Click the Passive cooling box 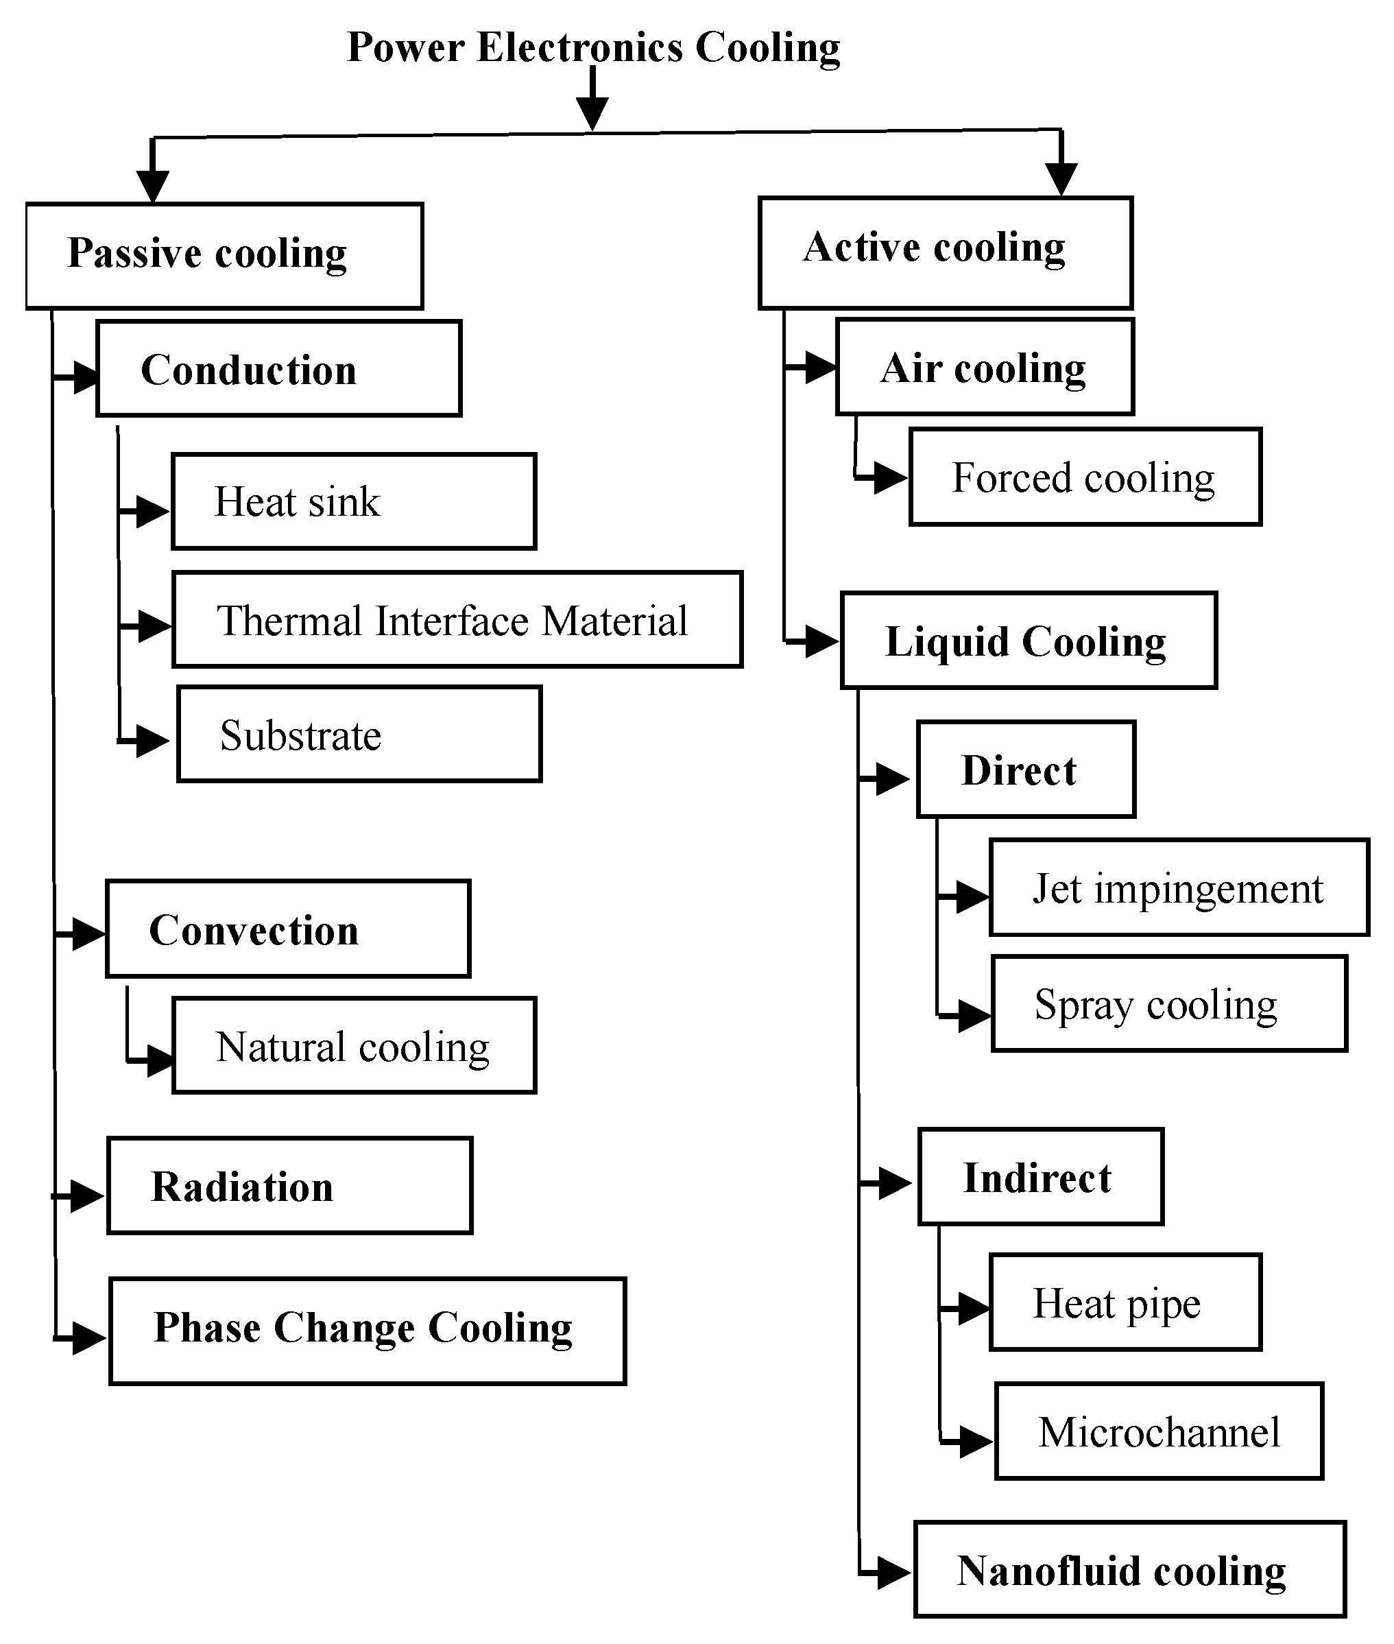tap(224, 255)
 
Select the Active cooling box tap(945, 252)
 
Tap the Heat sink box tap(353, 501)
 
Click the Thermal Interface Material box tap(457, 619)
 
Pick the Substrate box tap(359, 735)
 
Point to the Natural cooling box tap(353, 1046)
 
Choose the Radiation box tap(289, 1186)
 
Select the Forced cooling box tap(1085, 477)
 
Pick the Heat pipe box tap(1125, 1302)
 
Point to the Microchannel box tap(1159, 1431)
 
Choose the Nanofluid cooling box tap(1129, 1570)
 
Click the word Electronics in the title tap(580, 47)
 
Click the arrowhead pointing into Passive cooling tap(152, 185)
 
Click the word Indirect tap(1037, 1178)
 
